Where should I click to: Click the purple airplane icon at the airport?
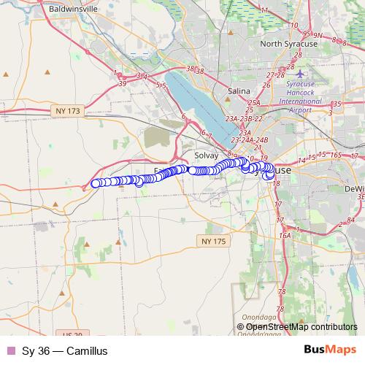[x=301, y=74]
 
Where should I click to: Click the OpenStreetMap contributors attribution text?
[x=301, y=327]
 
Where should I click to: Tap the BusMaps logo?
[x=329, y=350]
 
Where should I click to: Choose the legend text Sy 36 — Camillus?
[x=65, y=351]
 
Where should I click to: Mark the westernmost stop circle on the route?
[x=95, y=184]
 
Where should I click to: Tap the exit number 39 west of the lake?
[x=123, y=83]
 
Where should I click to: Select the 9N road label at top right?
[x=319, y=34]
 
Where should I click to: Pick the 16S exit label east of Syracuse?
[x=336, y=155]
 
